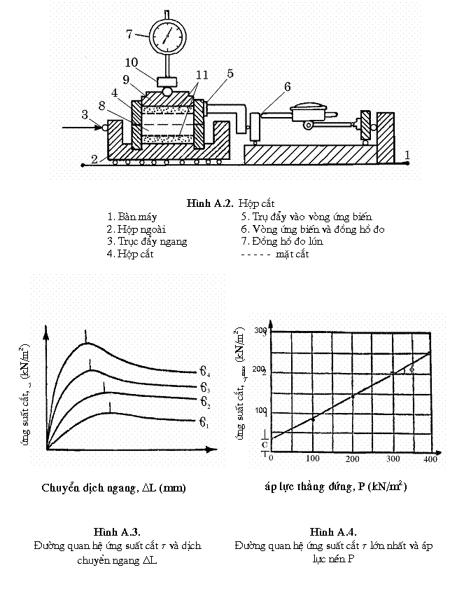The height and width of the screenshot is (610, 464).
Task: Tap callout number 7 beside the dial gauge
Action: click(x=129, y=33)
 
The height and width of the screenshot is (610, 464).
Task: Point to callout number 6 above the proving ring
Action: click(x=286, y=87)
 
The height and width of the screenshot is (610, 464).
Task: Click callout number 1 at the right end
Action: click(x=408, y=154)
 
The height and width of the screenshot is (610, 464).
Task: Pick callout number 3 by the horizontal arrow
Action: click(x=84, y=114)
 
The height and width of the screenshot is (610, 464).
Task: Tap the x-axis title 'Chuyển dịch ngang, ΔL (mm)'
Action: click(x=114, y=487)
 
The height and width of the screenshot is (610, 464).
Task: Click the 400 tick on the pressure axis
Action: click(x=430, y=459)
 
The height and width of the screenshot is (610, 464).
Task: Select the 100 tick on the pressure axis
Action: click(x=312, y=459)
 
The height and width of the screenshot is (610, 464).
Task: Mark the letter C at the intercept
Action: click(x=264, y=445)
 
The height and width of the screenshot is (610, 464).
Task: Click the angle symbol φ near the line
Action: click(x=412, y=368)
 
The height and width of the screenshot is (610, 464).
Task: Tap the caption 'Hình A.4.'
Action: click(x=333, y=531)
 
